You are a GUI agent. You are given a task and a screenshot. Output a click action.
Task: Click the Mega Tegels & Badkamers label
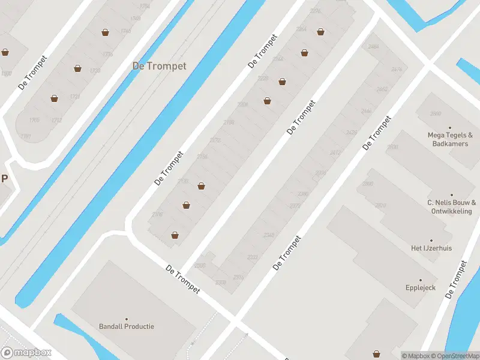tap(449, 139)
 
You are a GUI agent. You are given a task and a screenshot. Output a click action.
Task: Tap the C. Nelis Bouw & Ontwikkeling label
tap(452, 207)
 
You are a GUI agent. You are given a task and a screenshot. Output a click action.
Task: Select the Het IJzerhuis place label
tap(431, 248)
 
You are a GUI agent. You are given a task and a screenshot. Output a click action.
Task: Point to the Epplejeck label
tap(420, 288)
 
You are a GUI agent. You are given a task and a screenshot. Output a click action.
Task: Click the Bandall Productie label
tap(127, 326)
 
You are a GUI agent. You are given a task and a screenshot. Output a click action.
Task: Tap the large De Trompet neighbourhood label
tap(159, 66)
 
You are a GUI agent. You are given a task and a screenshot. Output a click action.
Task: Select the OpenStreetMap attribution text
tap(454, 356)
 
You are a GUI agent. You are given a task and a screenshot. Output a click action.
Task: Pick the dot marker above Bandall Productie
tap(127, 319)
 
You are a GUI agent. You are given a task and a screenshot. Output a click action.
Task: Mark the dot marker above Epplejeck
tap(420, 280)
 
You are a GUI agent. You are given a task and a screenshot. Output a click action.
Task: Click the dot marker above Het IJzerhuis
tap(431, 240)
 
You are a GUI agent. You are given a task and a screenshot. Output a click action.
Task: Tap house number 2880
tap(436, 113)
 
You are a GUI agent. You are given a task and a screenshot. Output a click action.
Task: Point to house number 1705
tap(34, 120)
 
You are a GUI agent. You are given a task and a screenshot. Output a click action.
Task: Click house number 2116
tap(158, 214)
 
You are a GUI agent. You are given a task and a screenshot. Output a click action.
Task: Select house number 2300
tap(200, 265)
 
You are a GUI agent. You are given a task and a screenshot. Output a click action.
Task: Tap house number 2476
tap(396, 70)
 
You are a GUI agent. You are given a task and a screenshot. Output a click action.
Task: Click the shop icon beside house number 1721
tap(54, 98)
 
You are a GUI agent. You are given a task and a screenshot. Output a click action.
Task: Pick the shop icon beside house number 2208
tap(267, 101)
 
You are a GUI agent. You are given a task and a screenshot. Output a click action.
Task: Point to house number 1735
tap(108, 54)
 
